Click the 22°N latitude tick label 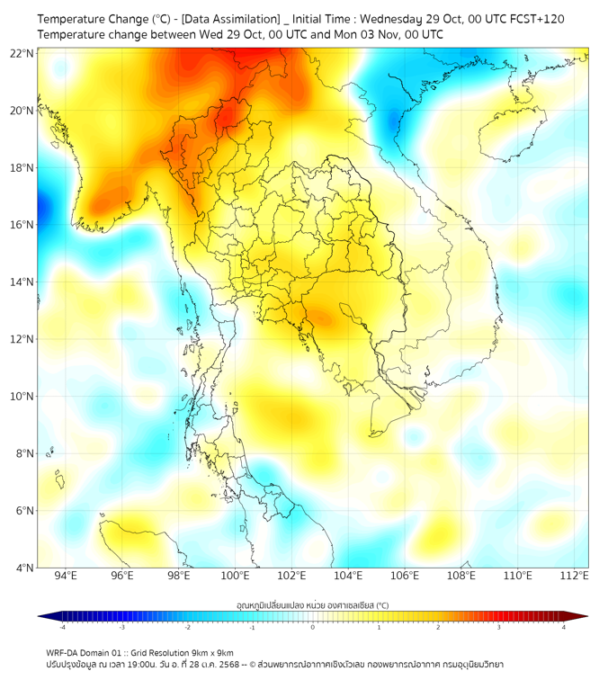pyautogui.click(x=22, y=53)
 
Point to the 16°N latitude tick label pyautogui.click(x=22, y=225)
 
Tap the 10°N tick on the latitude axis pyautogui.click(x=22, y=397)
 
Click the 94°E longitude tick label pyautogui.click(x=66, y=577)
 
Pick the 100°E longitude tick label pyautogui.click(x=235, y=577)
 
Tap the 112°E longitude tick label pyautogui.click(x=574, y=577)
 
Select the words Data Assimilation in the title pyautogui.click(x=230, y=19)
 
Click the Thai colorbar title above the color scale pyautogui.click(x=312, y=604)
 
